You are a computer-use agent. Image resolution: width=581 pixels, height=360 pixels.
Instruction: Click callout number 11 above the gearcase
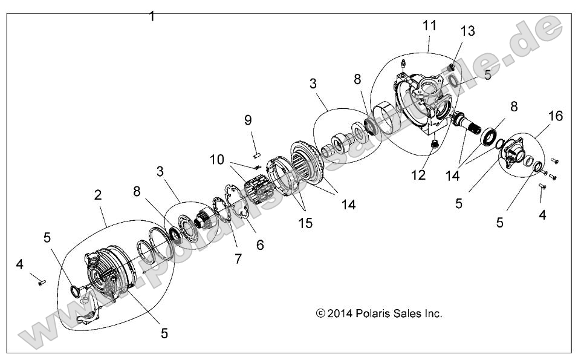430,27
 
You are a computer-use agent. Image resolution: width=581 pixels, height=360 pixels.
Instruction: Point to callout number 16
555,116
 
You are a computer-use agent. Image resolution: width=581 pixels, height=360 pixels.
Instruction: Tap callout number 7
238,258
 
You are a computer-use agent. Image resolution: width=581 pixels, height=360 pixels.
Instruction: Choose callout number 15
305,223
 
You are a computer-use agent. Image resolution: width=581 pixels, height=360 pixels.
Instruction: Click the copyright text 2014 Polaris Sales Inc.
379,313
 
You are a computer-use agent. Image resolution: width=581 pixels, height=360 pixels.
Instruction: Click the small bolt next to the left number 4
39,280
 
